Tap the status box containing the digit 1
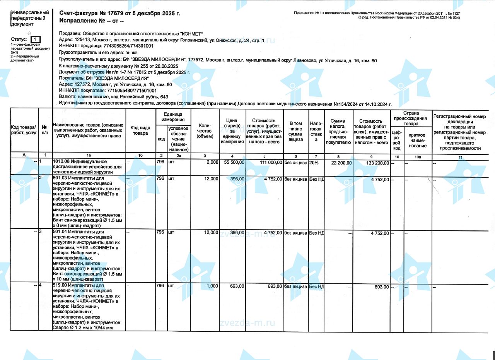tap(35, 39)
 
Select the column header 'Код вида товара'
tap(140, 130)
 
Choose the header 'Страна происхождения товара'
tap(411, 118)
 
